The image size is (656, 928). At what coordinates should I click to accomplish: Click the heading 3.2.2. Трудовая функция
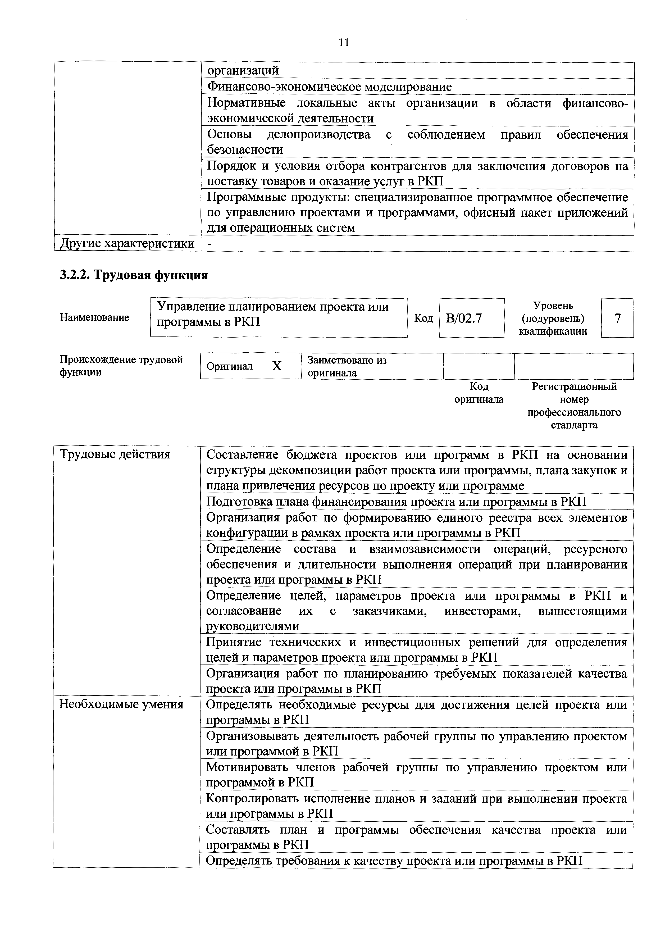[134, 275]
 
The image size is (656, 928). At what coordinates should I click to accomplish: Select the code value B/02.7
[464, 319]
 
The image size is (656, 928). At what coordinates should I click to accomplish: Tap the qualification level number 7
[617, 319]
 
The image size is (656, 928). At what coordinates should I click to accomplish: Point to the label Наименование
[95, 318]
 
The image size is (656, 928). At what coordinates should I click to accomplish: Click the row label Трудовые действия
[115, 455]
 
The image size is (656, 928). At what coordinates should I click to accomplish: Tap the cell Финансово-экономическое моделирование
[329, 87]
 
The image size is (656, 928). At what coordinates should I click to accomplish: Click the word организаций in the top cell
[243, 70]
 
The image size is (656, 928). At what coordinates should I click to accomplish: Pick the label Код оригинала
[479, 393]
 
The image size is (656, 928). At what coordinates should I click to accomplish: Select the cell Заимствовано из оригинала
[347, 366]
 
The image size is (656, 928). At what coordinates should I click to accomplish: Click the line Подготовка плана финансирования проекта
[396, 502]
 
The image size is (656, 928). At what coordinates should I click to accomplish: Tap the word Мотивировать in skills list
[247, 767]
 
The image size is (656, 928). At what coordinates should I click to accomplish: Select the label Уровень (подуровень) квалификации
[553, 319]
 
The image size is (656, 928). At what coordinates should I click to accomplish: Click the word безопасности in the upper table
[245, 149]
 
